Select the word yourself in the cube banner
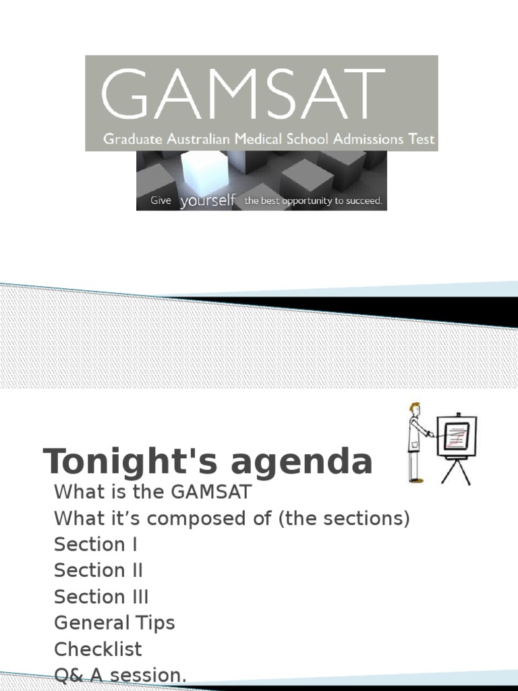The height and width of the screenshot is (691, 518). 208,200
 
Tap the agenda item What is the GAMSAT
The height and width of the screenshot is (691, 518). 152,492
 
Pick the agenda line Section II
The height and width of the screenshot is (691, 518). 98,571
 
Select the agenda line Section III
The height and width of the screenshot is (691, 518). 101,597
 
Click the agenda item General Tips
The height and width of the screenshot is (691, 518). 114,623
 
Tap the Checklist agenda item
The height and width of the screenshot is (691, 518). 98,649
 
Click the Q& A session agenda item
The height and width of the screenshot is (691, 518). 120,675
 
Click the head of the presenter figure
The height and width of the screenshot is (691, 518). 414,409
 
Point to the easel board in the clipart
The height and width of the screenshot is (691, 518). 456,435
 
